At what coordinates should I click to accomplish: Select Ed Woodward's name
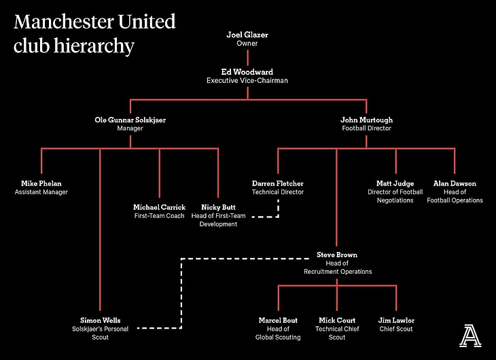247,71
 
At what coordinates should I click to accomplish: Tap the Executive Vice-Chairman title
247,80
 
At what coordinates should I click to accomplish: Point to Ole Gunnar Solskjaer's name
130,120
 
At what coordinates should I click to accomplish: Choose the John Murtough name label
366,120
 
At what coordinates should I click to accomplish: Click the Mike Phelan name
41,183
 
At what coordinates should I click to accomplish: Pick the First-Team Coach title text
159,216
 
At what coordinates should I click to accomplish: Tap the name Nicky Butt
219,207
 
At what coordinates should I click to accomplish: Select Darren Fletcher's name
277,183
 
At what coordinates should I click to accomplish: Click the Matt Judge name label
395,183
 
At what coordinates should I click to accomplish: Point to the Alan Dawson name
455,183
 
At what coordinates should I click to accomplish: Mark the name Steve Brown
337,255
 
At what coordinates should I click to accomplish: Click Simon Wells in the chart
100,320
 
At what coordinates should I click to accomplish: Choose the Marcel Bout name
277,320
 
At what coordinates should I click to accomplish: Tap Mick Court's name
337,320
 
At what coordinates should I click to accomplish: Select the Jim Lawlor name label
396,320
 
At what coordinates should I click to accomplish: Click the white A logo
469,335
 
